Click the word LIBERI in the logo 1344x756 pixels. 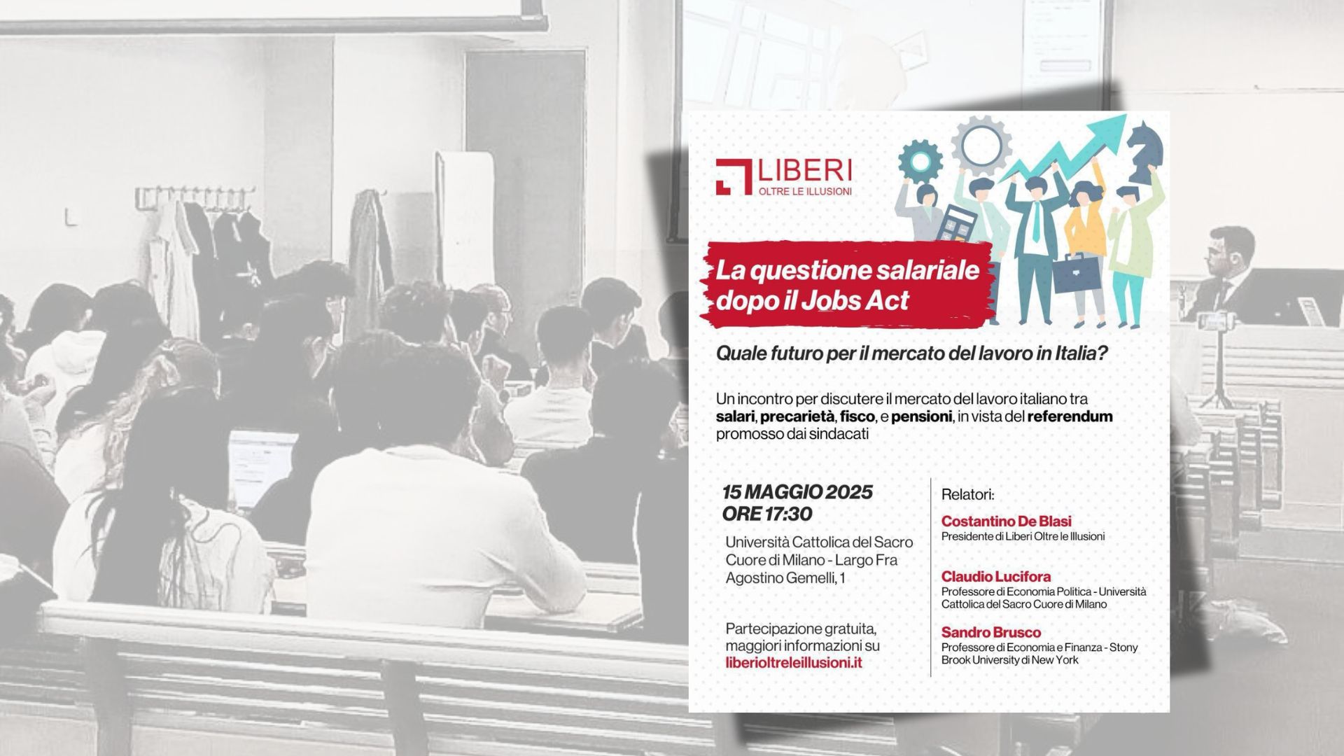point(806,170)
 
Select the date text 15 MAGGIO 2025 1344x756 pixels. point(797,492)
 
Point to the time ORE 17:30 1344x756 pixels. point(767,514)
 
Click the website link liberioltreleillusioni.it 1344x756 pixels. point(794,662)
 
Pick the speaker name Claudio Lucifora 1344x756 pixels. point(995,576)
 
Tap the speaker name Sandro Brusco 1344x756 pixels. point(990,632)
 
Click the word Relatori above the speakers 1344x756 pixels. point(967,494)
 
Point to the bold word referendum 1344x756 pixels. point(1070,416)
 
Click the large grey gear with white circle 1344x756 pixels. point(981,145)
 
